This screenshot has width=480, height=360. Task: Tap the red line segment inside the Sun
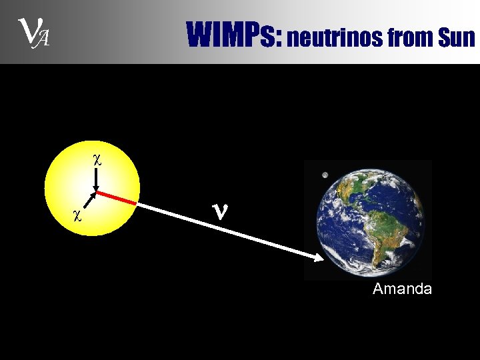[117, 197]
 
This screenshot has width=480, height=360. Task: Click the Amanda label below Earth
[402, 289]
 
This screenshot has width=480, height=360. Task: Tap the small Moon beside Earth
[325, 176]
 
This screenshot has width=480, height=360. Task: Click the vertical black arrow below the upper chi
[97, 179]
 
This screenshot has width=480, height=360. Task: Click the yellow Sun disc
[67, 180]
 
